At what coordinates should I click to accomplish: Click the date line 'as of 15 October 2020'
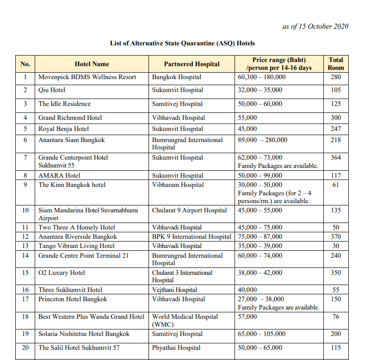coord(315,26)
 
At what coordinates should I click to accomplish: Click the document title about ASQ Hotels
coord(182,43)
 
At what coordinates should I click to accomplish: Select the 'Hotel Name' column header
coord(92,64)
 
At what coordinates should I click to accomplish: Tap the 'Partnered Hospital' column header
coord(192,64)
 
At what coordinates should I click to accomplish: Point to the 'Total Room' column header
coord(336,64)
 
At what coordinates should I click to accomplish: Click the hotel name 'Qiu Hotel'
coord(52,90)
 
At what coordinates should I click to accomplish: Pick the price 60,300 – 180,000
coord(262,77)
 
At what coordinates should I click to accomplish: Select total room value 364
coord(336,158)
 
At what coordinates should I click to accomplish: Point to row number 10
coord(25,211)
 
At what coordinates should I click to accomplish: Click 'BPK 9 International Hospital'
coord(192,237)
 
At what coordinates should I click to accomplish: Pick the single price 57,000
coord(247,317)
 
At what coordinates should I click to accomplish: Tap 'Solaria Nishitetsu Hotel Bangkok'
coord(84,334)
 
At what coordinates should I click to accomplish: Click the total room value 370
coord(336,237)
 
